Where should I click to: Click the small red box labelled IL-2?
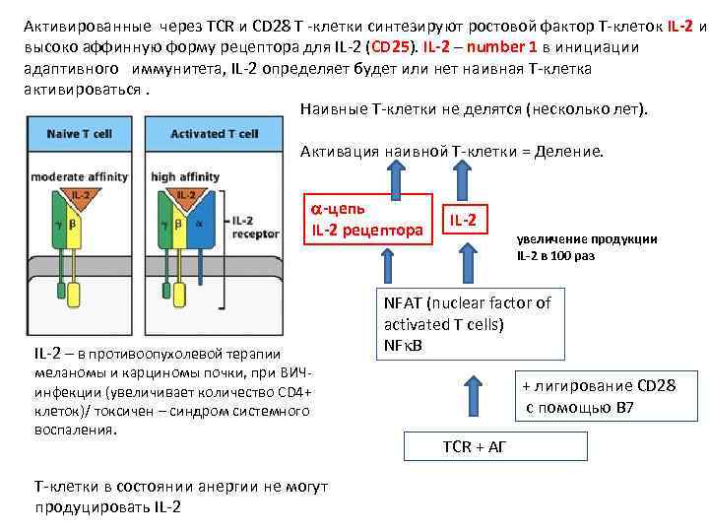pos(463,218)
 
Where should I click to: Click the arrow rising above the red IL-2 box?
pos(463,174)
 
